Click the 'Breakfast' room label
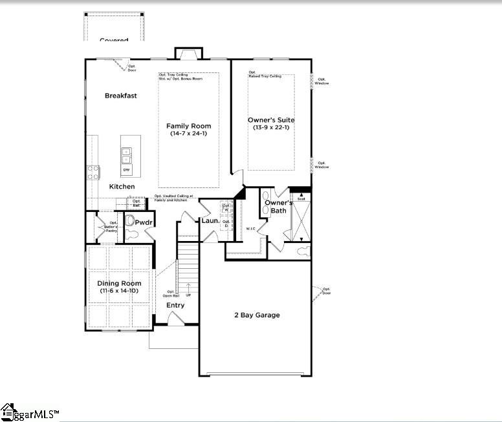pos(121,96)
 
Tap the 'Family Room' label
pos(188,126)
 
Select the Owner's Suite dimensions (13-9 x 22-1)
pos(271,128)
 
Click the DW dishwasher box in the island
pos(127,170)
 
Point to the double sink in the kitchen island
pos(126,155)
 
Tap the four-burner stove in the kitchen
pos(93,172)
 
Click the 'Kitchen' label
pos(122,187)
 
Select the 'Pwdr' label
pos(143,222)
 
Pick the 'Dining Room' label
pos(119,284)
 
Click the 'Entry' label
pos(175,305)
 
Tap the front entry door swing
pos(175,317)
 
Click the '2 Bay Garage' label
pos(257,315)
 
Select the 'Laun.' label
pos(210,221)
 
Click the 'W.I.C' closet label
pos(252,228)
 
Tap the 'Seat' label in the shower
pos(301,198)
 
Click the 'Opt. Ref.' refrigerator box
pos(136,203)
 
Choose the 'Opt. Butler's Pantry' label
pos(104,226)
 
